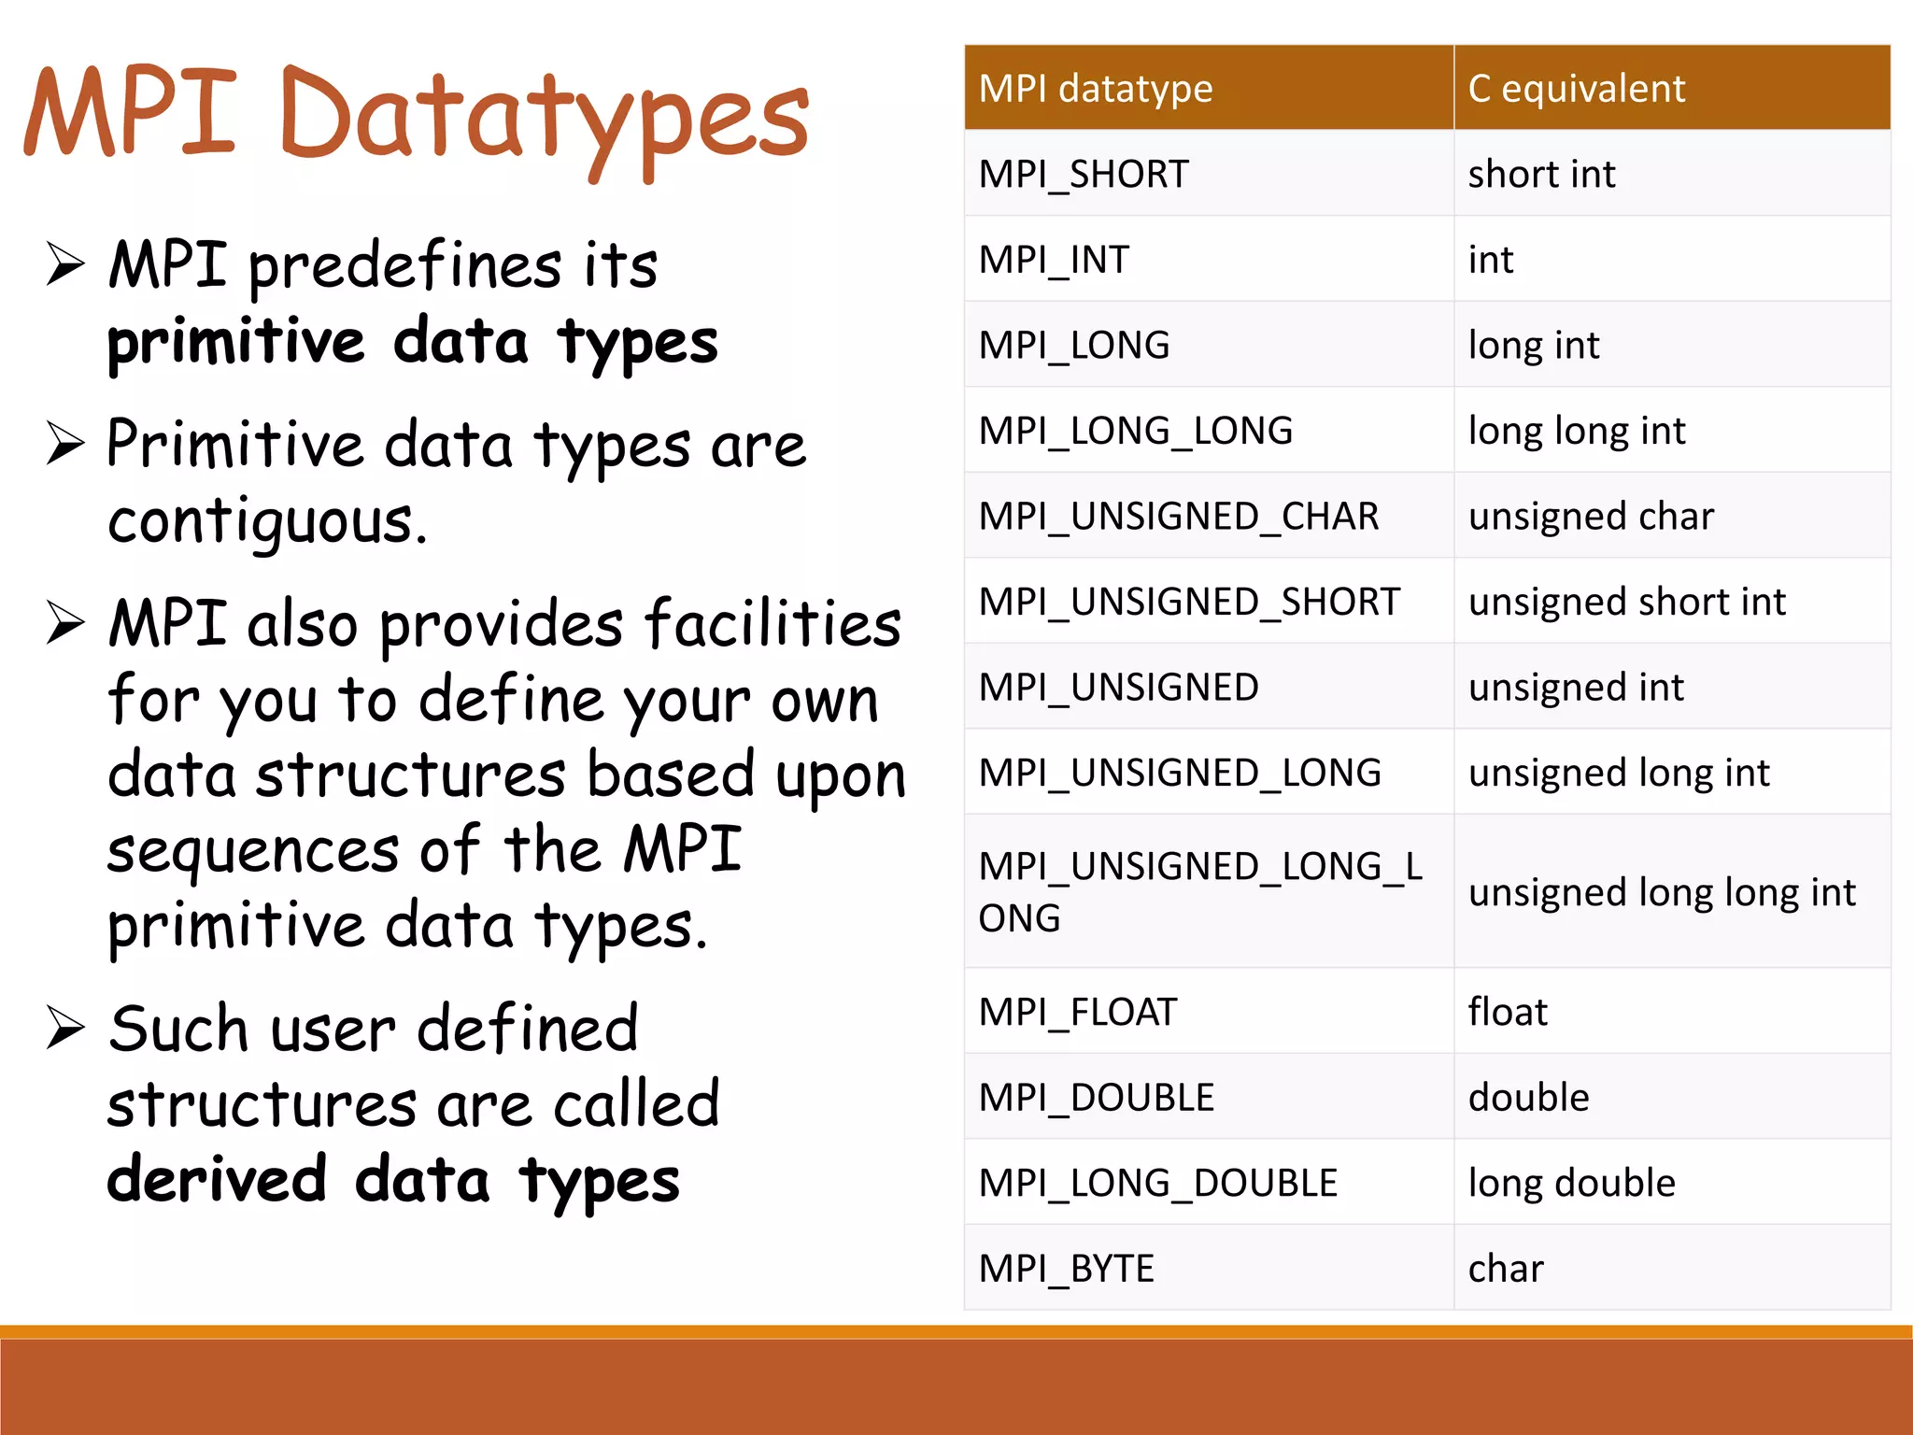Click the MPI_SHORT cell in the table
point(1084,174)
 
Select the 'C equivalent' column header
point(1576,89)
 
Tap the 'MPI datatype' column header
point(1095,89)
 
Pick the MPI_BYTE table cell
point(1066,1268)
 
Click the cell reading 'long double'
point(1571,1183)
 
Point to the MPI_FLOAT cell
point(1077,1012)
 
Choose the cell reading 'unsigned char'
point(1591,516)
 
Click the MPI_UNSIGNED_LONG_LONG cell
point(1199,891)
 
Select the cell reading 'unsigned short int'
point(1626,602)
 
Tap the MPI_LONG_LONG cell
point(1135,431)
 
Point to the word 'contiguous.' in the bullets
point(267,521)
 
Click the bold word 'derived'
point(217,1179)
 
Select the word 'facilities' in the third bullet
point(772,624)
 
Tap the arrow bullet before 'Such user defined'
point(65,1029)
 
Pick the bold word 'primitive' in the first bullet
point(235,342)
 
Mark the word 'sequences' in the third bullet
point(252,850)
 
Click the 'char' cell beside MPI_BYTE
point(1505,1268)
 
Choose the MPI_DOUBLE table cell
point(1096,1097)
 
